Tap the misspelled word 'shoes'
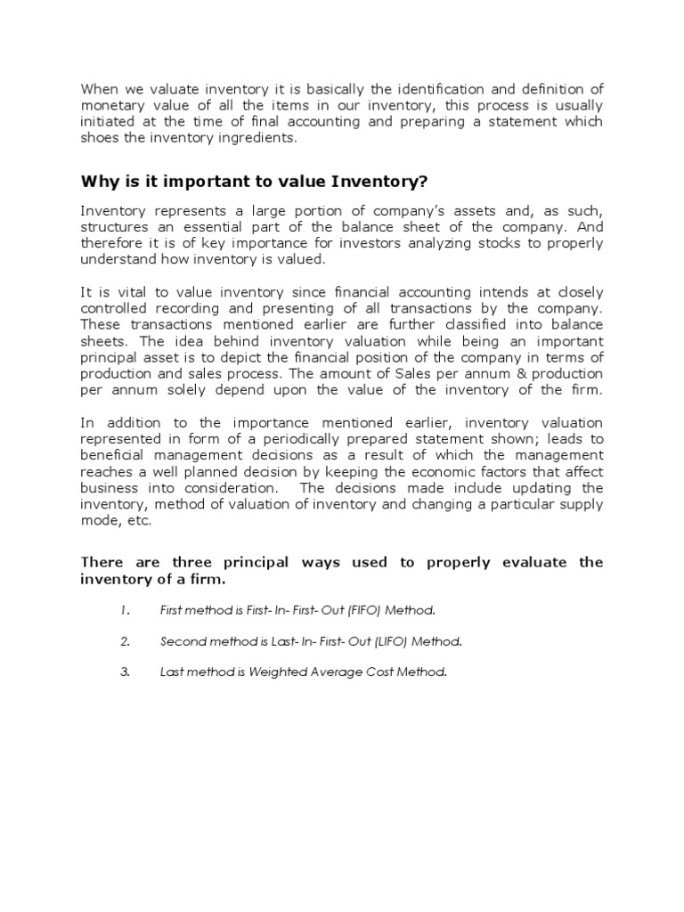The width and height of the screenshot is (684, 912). pyautogui.click(x=101, y=137)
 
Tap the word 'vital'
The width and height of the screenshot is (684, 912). pyautogui.click(x=126, y=292)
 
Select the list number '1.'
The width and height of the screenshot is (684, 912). pyautogui.click(x=126, y=610)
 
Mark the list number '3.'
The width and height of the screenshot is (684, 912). pyautogui.click(x=126, y=672)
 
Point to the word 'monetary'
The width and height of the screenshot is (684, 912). pyautogui.click(x=111, y=104)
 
